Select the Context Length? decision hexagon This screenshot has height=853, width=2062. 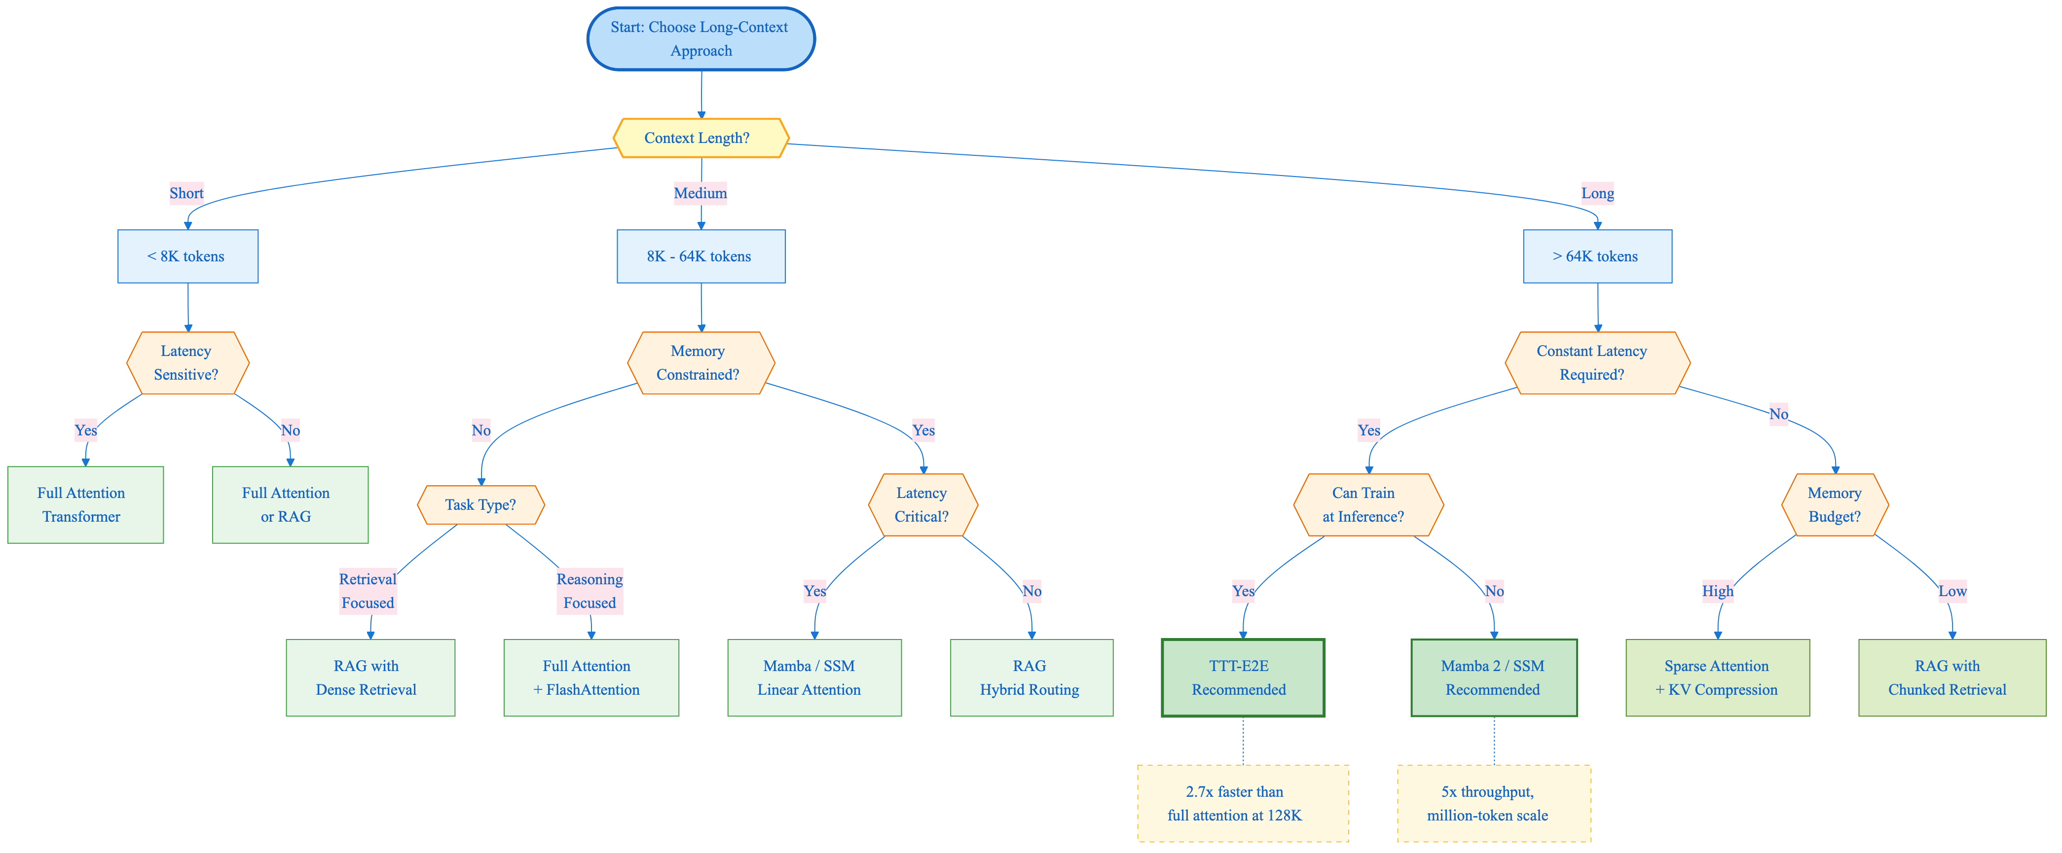point(700,138)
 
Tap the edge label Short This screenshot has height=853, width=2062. point(186,193)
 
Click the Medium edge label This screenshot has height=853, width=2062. point(700,193)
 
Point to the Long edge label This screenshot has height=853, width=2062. point(1597,193)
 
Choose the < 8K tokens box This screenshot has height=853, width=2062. point(187,256)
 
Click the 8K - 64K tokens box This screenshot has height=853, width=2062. point(700,256)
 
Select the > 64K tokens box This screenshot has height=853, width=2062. point(1597,256)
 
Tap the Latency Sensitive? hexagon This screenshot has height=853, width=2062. point(187,362)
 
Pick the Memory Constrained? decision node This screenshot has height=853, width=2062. point(700,362)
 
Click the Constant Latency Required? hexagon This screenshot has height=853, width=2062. point(1597,362)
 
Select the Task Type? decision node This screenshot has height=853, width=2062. point(480,505)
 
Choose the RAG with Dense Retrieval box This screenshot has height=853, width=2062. point(370,678)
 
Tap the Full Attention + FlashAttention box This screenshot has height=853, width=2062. point(591,678)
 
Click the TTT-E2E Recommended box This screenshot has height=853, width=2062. point(1242,678)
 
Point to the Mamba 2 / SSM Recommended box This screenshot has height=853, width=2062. point(1494,678)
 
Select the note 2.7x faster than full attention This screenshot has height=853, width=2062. point(1242,803)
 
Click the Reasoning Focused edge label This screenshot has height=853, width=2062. point(590,591)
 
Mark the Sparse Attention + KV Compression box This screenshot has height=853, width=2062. point(1717,678)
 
